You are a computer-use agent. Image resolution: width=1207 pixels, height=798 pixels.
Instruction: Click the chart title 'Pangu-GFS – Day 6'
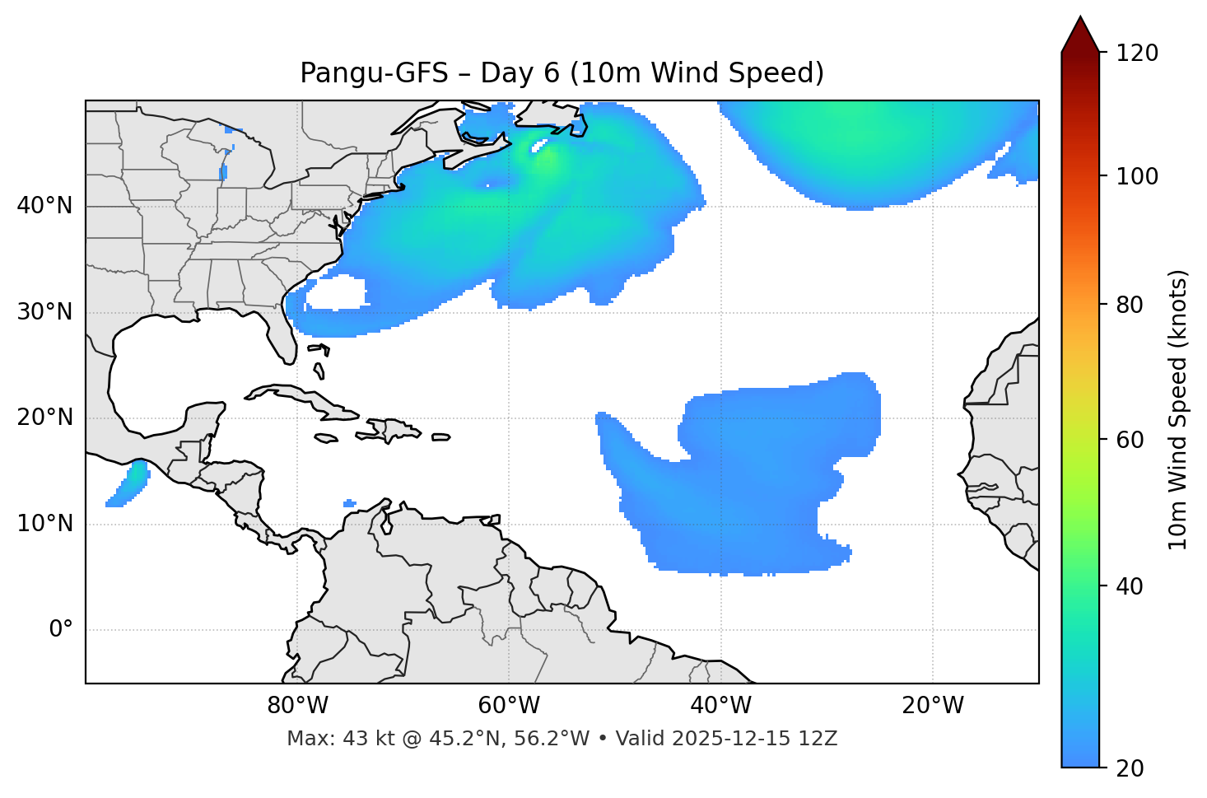[x=562, y=73]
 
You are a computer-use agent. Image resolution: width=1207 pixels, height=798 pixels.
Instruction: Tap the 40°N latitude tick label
[x=44, y=206]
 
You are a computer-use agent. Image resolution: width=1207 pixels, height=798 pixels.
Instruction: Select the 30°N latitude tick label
[x=44, y=312]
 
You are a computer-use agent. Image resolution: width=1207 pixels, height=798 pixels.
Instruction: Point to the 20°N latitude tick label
[x=44, y=418]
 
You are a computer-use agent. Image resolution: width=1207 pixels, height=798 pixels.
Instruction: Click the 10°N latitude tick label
[x=44, y=524]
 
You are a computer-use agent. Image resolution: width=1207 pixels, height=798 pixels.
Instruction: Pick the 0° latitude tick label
[x=60, y=630]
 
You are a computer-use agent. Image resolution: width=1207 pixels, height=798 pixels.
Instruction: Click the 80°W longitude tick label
[x=297, y=706]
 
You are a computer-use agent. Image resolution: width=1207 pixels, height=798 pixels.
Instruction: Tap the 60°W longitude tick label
[x=509, y=706]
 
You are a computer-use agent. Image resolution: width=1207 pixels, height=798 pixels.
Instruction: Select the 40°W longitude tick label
[x=720, y=706]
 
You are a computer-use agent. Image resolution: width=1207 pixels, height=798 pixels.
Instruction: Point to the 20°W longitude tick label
[x=932, y=706]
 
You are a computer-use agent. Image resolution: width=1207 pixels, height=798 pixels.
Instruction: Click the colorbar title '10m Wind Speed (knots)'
[x=1178, y=410]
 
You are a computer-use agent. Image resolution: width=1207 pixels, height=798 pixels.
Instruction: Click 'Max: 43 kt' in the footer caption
[x=329, y=739]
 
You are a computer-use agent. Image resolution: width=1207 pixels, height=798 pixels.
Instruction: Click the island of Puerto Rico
[x=441, y=437]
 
